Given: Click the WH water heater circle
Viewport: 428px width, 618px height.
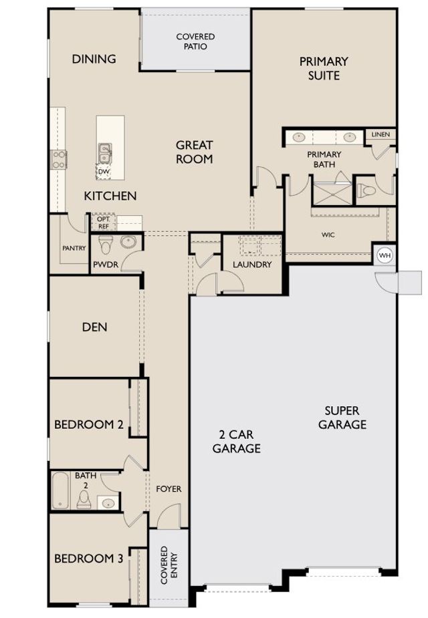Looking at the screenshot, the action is click(385, 255).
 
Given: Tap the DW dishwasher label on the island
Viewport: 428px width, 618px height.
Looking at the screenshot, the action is click(104, 172).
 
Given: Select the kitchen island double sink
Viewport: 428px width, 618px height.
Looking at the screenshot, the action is click(104, 153).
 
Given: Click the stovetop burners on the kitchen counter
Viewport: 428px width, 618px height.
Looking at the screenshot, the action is click(58, 160).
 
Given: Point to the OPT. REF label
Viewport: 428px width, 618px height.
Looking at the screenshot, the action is click(104, 222).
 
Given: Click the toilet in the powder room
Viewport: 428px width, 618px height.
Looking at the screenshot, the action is click(105, 245).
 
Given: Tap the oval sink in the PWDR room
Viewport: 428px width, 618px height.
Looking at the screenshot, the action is click(128, 242).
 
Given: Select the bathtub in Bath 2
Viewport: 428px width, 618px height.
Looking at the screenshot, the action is click(60, 490).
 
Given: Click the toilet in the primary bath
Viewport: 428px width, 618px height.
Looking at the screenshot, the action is click(366, 192).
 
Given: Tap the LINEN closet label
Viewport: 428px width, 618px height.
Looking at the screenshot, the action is click(381, 134).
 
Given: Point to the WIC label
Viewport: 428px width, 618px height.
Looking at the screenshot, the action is click(328, 235).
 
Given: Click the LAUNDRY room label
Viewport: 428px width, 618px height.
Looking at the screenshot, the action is click(252, 265).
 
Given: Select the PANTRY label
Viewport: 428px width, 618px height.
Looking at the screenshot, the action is click(74, 248).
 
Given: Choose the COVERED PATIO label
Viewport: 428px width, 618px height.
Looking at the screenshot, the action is click(196, 41).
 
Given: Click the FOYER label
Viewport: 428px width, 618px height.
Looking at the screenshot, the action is click(169, 489).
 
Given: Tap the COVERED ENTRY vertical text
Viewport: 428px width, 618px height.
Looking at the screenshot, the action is click(169, 565).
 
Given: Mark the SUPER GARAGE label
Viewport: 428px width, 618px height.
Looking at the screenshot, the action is click(342, 418).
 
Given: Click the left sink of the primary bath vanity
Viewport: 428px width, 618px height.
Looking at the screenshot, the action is click(299, 138).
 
